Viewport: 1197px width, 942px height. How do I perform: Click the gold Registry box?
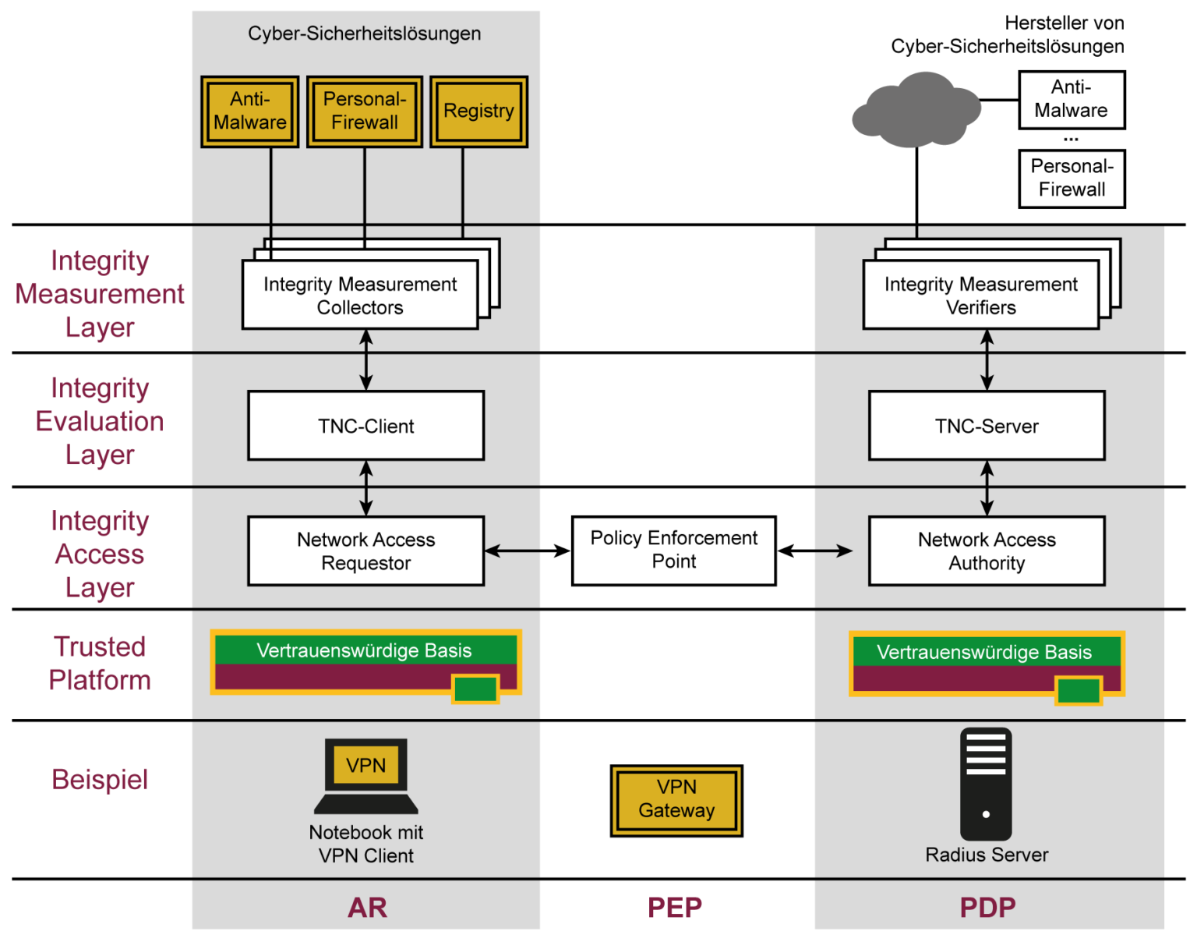tap(478, 112)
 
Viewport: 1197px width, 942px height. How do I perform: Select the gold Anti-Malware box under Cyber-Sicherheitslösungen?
tap(249, 112)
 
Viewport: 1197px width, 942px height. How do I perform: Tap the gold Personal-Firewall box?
tap(364, 112)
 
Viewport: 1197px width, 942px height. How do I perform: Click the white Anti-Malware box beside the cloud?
tap(1072, 100)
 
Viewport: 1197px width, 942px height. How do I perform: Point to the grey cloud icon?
tap(916, 111)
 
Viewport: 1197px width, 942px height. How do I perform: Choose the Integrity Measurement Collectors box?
tap(360, 296)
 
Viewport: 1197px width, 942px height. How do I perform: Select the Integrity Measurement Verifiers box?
tap(980, 296)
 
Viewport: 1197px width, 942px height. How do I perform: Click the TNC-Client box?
tap(365, 426)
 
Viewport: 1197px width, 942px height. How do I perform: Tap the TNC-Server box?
tap(987, 426)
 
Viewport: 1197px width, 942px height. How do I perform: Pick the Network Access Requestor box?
tap(365, 551)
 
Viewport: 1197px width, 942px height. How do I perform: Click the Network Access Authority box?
tap(987, 551)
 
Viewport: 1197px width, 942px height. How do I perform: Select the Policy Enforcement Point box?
tap(673, 550)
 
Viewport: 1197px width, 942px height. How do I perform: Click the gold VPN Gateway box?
tap(676, 799)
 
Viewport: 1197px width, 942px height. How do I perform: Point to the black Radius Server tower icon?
tap(986, 784)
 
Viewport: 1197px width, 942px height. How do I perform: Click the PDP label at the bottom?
tap(987, 907)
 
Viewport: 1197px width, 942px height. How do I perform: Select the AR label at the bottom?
tap(367, 907)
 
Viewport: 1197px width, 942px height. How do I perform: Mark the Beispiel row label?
tap(100, 780)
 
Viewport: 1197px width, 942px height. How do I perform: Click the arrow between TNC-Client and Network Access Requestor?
tap(365, 488)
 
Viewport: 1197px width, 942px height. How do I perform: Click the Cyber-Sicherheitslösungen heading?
tap(364, 34)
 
